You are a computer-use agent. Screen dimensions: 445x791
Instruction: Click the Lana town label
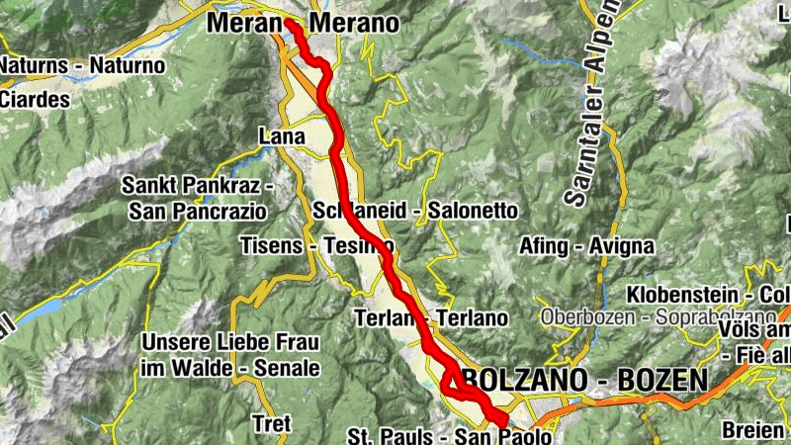click(279, 134)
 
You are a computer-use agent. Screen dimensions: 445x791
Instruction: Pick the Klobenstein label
click(692, 295)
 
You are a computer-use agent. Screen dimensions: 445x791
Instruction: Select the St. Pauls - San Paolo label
click(449, 436)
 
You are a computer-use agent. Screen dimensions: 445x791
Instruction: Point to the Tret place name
click(272, 423)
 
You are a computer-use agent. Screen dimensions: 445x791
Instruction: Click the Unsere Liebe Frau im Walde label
click(230, 355)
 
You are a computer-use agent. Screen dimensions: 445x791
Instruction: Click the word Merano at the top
click(354, 23)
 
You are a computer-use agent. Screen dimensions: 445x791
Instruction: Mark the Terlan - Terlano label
click(431, 318)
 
